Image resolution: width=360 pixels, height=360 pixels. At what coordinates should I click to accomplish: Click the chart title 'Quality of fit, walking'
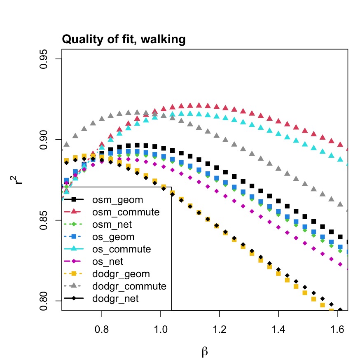click(x=124, y=40)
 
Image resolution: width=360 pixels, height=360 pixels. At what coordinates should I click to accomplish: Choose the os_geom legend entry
click(x=115, y=237)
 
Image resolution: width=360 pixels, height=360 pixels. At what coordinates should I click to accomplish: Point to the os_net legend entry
click(x=113, y=262)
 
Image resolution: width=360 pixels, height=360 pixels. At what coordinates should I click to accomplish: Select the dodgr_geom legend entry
click(x=121, y=274)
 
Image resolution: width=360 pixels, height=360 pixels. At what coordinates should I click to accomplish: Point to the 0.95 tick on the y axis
click(x=47, y=59)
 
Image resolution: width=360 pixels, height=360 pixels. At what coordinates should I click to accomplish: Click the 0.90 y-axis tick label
click(x=47, y=140)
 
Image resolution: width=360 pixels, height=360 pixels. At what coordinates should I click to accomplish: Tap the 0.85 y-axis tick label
click(x=47, y=220)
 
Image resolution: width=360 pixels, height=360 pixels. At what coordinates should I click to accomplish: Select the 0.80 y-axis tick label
click(x=47, y=300)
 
